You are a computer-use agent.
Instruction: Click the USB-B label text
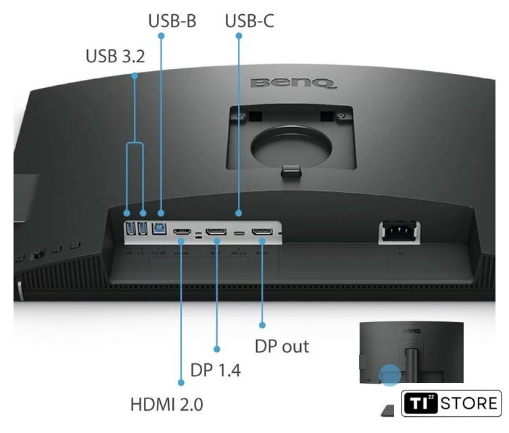(172, 21)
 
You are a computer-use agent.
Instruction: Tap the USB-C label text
(249, 21)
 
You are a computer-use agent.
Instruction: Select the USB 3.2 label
(115, 56)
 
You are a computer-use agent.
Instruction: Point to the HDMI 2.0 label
(166, 405)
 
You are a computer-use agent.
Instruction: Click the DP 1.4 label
(216, 370)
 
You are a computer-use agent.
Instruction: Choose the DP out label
(282, 346)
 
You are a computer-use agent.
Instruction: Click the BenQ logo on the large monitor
(293, 83)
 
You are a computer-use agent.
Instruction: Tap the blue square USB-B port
(160, 228)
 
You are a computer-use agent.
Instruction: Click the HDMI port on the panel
(182, 232)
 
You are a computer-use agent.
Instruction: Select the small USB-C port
(239, 233)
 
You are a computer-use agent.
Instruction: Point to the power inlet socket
(399, 231)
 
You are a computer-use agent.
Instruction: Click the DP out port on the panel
(262, 232)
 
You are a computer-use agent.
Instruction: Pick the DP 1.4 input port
(216, 232)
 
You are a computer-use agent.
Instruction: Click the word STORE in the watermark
(469, 403)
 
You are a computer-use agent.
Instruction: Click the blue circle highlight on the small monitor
(390, 375)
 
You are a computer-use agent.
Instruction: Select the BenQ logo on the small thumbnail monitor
(412, 331)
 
